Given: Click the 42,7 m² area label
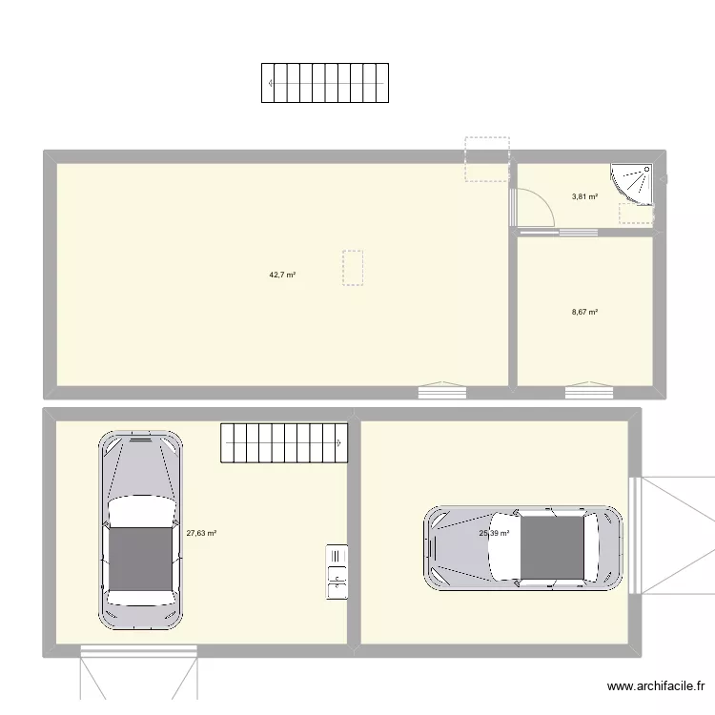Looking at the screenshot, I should [x=282, y=275].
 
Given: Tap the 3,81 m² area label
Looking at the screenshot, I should [x=584, y=197].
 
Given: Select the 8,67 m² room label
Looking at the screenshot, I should [x=584, y=312].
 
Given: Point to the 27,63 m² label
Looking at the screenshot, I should [x=201, y=534].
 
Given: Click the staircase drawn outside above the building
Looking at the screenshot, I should [x=324, y=83].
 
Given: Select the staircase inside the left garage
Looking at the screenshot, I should [x=284, y=443].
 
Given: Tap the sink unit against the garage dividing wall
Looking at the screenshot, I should [x=337, y=572].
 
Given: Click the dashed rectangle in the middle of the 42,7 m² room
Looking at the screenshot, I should [x=353, y=268].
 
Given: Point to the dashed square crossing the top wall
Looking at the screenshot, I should [x=486, y=159].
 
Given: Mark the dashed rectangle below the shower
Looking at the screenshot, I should [x=636, y=214].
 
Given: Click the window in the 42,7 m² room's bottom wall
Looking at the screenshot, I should [x=442, y=391].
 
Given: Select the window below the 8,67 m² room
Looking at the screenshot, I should [x=589, y=391].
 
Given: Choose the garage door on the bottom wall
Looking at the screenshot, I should [x=139, y=651].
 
